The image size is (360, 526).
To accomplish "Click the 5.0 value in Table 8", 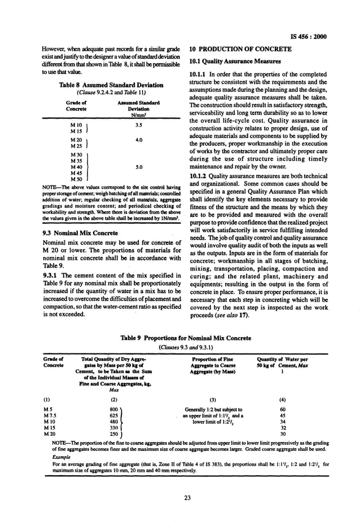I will point(130,167).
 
